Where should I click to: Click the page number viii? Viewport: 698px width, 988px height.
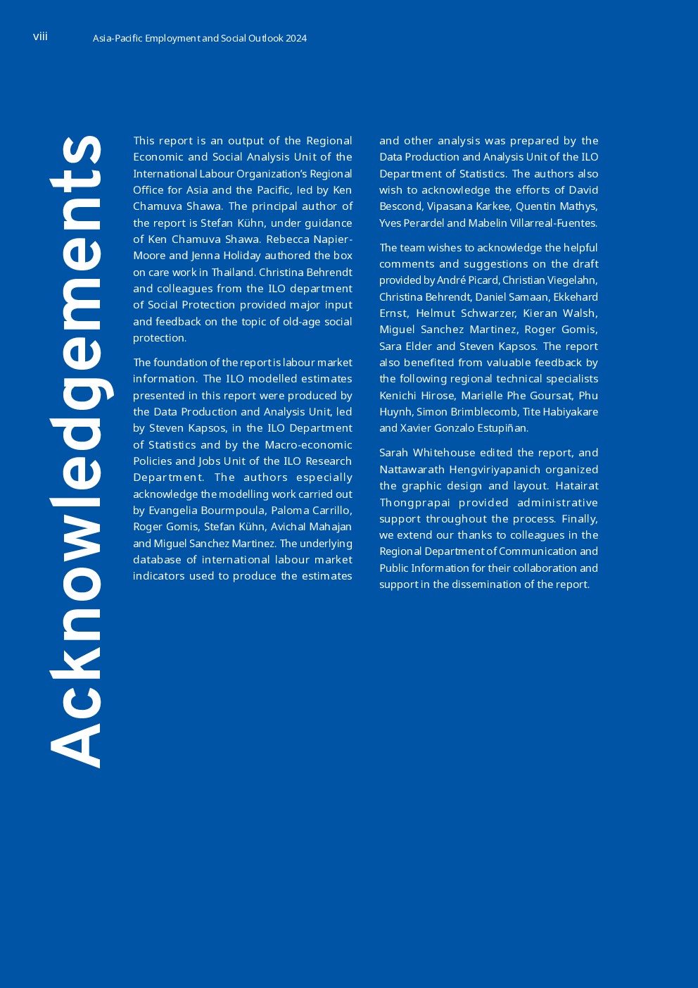(x=40, y=37)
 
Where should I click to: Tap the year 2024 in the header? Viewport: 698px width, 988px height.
(x=296, y=39)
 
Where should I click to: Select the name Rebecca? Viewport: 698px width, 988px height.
(x=288, y=239)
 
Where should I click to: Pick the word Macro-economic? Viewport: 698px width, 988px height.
(x=308, y=445)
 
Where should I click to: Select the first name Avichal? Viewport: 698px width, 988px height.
(x=288, y=527)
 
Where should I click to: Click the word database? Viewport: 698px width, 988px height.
(x=157, y=560)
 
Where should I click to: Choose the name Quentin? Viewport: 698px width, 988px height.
(x=535, y=207)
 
